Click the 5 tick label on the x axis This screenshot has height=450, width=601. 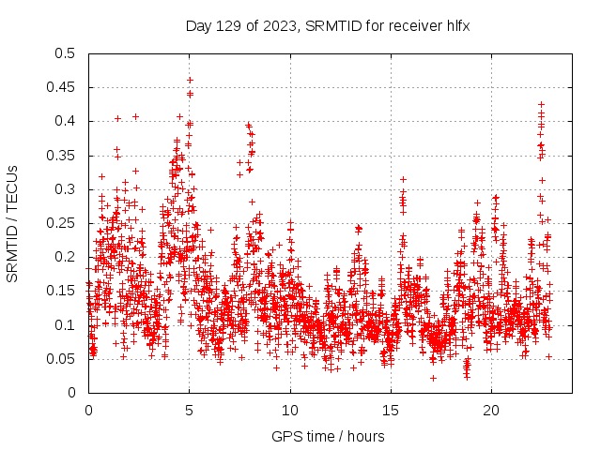coord(190,411)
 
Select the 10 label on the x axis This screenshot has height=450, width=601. coord(290,411)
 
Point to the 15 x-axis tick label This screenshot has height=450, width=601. coord(391,411)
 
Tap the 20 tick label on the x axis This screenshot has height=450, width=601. coord(491,411)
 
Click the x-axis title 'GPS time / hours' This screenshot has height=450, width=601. coord(328,436)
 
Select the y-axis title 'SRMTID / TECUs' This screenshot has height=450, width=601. coord(13,223)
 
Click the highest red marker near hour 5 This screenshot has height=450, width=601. coord(190,80)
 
